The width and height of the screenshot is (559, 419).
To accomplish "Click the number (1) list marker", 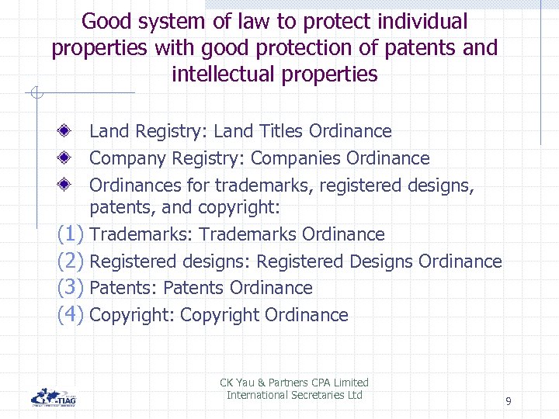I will pyautogui.click(x=71, y=234).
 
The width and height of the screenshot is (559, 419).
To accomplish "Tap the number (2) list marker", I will pyautogui.click(x=71, y=261).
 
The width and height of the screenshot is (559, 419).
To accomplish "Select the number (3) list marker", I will pyautogui.click(x=71, y=287).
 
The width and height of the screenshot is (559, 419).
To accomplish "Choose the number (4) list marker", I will pyautogui.click(x=71, y=314).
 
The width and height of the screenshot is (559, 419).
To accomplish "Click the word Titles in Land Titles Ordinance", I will pyautogui.click(x=280, y=132).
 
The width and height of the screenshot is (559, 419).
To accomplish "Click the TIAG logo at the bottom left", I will pyautogui.click(x=54, y=396).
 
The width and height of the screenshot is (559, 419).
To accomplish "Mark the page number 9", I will pyautogui.click(x=508, y=401).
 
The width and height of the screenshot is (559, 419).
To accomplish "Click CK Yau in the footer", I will pyautogui.click(x=237, y=383).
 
